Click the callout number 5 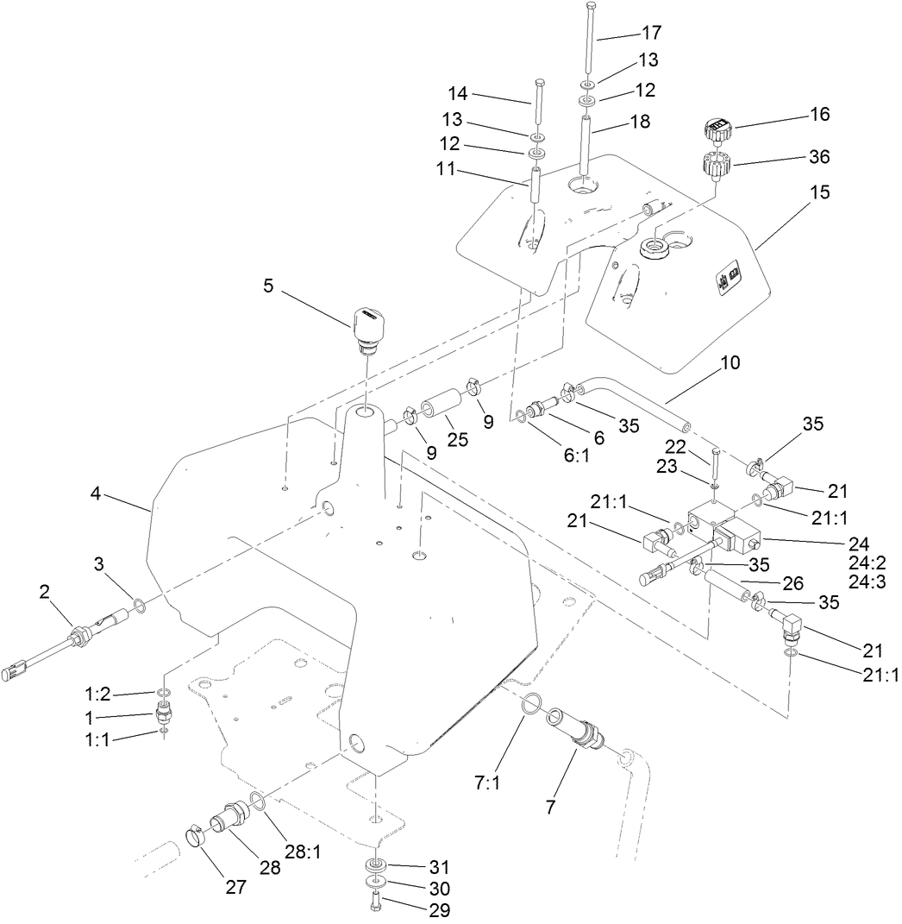[269, 286]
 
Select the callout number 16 [818, 115]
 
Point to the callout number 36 [818, 157]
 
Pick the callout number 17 [651, 34]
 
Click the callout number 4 [96, 494]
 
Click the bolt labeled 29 [376, 902]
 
